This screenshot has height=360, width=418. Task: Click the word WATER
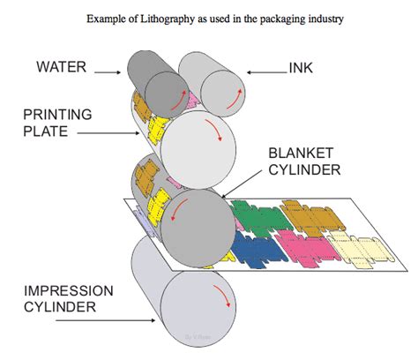pos(61,67)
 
